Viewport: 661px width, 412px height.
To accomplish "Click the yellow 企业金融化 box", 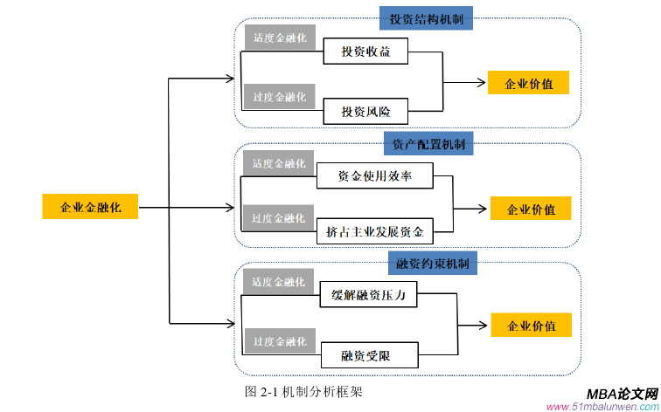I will pos(90,207).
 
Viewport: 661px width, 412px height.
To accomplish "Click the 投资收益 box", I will pos(365,52).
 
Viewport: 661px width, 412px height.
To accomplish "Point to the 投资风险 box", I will pos(365,112).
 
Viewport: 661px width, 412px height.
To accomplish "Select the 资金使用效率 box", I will pos(374,176).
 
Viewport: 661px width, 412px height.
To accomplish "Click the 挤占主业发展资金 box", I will pos(374,232).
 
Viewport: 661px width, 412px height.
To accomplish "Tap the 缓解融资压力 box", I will pos(369,296).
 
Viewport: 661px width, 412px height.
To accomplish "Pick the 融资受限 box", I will pos(368,354).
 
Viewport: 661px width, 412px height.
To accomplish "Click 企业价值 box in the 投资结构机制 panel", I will pos(529,84).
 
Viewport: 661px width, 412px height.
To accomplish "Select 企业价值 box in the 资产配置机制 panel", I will pos(531,209).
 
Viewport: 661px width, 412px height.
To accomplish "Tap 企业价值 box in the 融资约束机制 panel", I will pos(531,326).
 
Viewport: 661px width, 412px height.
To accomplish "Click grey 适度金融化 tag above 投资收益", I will pos(279,38).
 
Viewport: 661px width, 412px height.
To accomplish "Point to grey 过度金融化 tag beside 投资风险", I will pos(279,97).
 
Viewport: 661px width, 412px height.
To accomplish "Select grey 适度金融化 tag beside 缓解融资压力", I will pos(278,282).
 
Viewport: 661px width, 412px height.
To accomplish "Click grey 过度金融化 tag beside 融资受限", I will pos(279,340).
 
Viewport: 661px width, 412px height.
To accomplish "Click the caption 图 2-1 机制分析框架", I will pos(303,392).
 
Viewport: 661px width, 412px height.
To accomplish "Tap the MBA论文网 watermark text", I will pos(616,394).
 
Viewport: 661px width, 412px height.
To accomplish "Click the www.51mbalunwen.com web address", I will pos(602,407).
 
